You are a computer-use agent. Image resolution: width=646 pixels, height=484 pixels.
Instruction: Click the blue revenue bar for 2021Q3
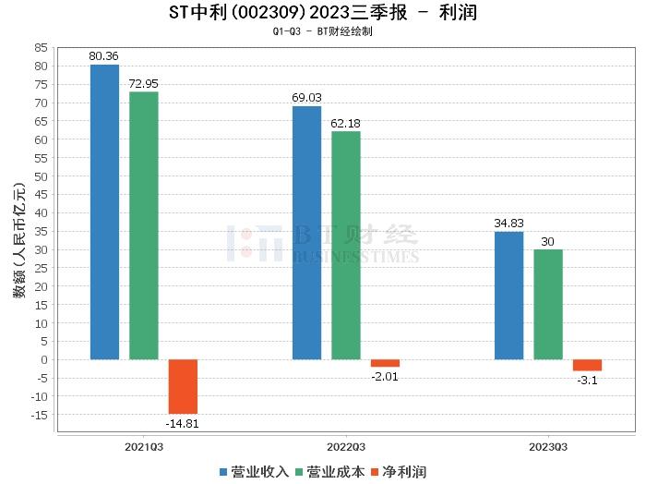pyautogui.click(x=104, y=212)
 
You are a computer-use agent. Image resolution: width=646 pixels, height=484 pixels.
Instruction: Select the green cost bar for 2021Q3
pyautogui.click(x=144, y=225)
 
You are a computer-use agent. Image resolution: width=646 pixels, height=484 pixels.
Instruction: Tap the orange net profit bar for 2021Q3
pyautogui.click(x=183, y=386)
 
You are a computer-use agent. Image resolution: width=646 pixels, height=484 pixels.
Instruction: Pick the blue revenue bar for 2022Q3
pyautogui.click(x=306, y=233)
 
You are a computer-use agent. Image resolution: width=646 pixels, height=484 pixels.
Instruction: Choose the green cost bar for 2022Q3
pyautogui.click(x=346, y=245)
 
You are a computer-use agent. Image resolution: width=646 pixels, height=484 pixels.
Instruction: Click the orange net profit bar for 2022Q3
pyautogui.click(x=385, y=363)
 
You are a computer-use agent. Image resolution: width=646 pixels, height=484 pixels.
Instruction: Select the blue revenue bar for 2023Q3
pyautogui.click(x=508, y=296)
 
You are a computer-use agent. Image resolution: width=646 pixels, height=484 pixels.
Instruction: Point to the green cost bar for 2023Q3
pyautogui.click(x=548, y=304)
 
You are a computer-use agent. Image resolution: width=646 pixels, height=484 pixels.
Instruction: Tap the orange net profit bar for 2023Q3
pyautogui.click(x=587, y=365)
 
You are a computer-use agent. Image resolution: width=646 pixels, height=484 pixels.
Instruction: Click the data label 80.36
pyautogui.click(x=104, y=56)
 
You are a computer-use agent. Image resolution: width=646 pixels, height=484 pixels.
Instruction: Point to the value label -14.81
pyautogui.click(x=183, y=423)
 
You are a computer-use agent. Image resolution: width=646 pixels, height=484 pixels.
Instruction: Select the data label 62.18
pyautogui.click(x=346, y=124)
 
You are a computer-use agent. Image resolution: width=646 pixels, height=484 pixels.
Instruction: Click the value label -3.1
pyautogui.click(x=587, y=380)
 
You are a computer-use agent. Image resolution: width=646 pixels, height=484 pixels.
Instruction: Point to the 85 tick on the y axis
pyautogui.click(x=41, y=47)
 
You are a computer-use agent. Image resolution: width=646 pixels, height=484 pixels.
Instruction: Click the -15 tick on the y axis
pyautogui.click(x=39, y=415)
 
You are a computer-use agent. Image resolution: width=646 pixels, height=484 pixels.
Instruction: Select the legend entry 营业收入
pyautogui.click(x=254, y=472)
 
